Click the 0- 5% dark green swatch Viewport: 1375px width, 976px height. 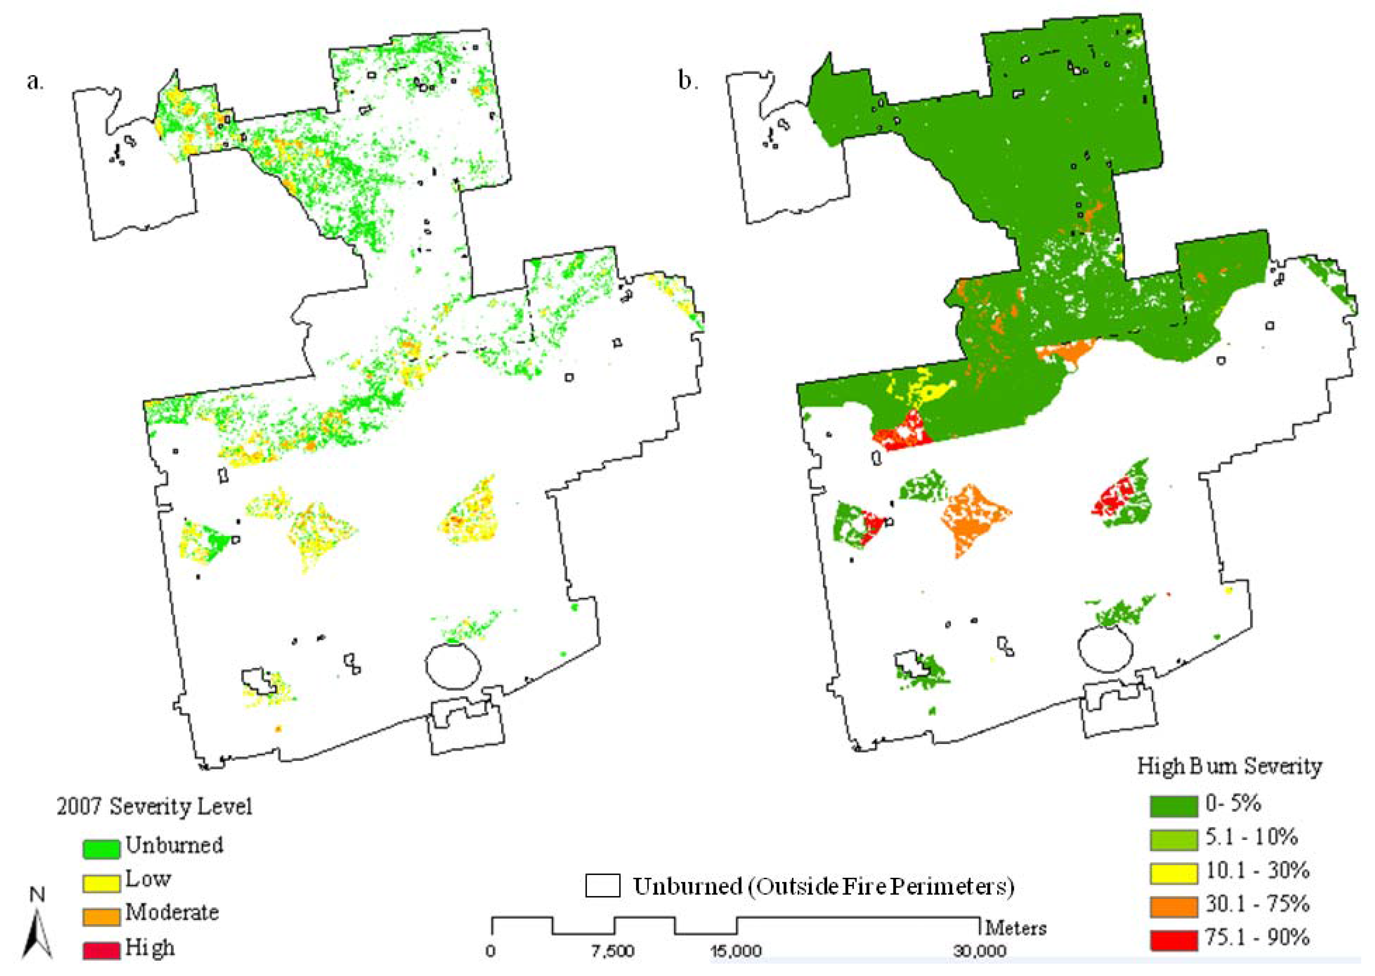tap(1173, 806)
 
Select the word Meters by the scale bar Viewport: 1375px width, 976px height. tap(1016, 928)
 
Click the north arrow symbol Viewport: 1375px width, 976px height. tap(37, 928)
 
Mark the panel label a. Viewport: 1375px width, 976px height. tap(35, 80)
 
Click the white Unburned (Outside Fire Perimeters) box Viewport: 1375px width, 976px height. tap(602, 886)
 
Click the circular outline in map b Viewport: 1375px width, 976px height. tap(1104, 650)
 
